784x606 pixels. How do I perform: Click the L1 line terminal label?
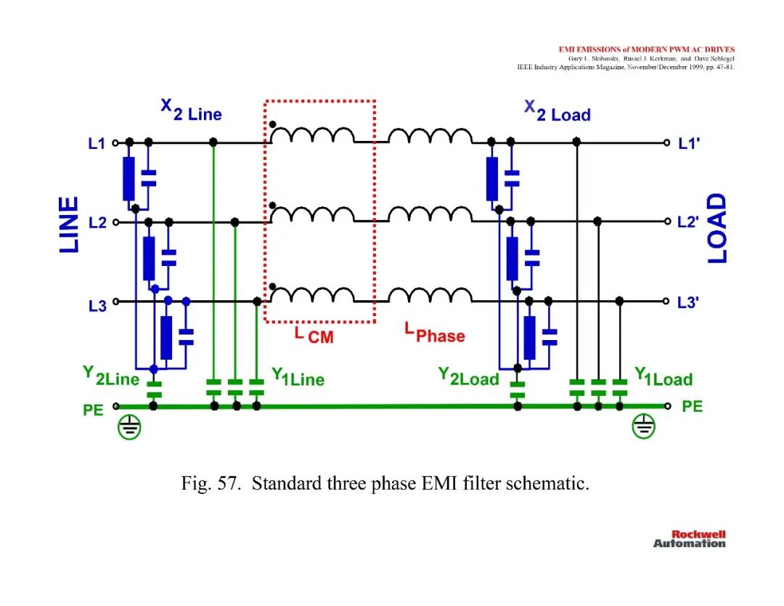[97, 144]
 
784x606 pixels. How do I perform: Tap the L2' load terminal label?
[688, 222]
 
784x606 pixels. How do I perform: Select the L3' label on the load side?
[688, 302]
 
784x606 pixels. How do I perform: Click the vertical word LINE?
[69, 225]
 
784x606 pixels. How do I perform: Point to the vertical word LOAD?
[717, 228]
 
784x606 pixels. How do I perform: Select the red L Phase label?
[435, 333]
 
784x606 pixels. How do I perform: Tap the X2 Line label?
[191, 110]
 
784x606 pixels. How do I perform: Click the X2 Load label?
[557, 111]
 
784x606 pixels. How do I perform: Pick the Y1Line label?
[298, 377]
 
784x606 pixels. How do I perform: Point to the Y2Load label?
[468, 376]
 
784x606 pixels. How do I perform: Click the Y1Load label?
[663, 377]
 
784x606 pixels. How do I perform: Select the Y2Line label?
[111, 376]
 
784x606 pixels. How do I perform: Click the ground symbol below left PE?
[129, 427]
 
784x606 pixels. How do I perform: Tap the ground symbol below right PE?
[643, 427]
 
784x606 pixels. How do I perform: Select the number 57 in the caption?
[229, 483]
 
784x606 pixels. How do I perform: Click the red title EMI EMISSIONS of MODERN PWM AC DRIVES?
[647, 49]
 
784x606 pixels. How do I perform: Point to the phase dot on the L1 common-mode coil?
[272, 124]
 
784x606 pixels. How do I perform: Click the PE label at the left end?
[93, 411]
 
